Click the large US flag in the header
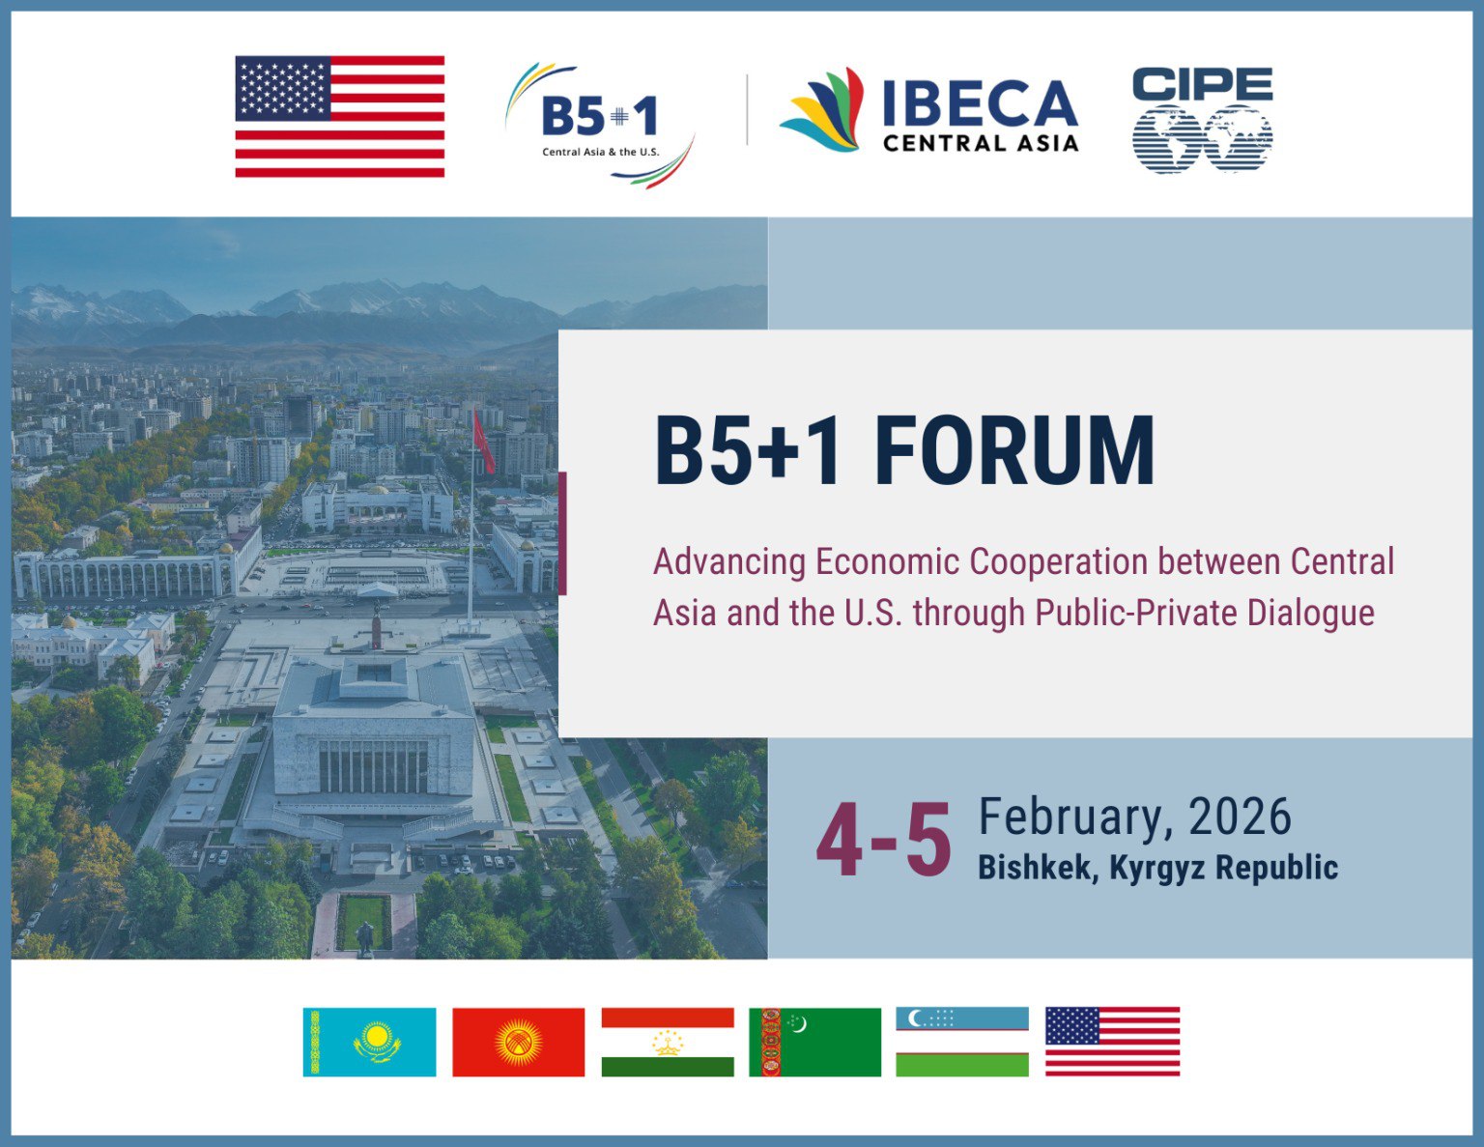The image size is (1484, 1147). (x=339, y=116)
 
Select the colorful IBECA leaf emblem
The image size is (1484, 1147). (x=823, y=111)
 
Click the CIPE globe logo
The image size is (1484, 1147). (x=1202, y=122)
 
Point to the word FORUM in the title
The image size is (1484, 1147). (x=1014, y=451)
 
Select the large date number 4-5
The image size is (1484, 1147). (x=883, y=842)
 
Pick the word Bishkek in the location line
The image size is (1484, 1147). (x=1037, y=867)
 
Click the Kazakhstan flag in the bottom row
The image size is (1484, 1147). (x=369, y=1042)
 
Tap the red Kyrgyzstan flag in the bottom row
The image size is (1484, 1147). (x=518, y=1042)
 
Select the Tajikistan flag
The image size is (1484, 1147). (x=668, y=1042)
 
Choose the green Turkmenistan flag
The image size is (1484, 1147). (x=814, y=1042)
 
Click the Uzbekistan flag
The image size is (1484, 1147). (x=962, y=1042)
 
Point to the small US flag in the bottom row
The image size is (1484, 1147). (x=1112, y=1042)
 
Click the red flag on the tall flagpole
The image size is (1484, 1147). (x=483, y=443)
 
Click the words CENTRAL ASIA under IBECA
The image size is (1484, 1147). (x=980, y=143)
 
